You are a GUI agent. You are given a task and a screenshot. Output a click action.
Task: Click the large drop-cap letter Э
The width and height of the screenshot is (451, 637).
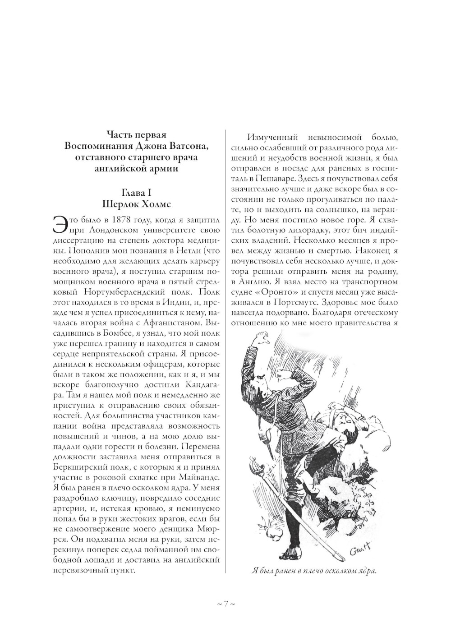point(60,225)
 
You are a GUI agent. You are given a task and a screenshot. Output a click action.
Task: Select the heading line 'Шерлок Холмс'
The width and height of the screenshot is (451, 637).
point(137,203)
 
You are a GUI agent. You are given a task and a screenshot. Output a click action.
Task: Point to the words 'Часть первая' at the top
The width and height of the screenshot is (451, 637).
point(137,134)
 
